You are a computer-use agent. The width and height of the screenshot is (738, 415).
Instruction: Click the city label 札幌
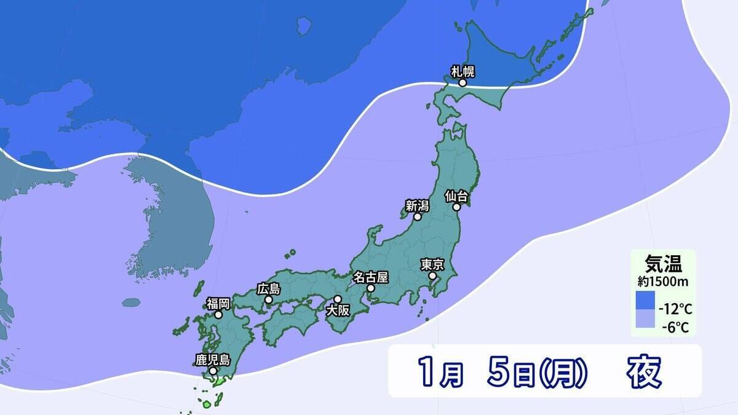pos(463,71)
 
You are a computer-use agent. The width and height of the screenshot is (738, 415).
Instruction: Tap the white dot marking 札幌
pos(462,82)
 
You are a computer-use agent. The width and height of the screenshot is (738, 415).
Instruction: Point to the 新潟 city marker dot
pos(418,216)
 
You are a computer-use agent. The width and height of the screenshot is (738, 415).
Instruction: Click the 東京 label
pos(432,264)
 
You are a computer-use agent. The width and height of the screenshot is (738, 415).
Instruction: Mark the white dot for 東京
pos(432,276)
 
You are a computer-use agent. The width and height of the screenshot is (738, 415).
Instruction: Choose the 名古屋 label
pos(371,277)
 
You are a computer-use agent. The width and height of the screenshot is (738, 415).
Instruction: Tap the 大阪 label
pos(338,310)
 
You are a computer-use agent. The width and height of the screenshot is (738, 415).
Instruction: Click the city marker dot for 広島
pos(268,299)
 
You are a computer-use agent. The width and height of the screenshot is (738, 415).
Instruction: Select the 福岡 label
pos(218,303)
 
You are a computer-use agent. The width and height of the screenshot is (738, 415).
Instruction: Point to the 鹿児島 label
pos(212,359)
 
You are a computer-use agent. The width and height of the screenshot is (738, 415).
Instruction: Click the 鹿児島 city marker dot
pos(212,371)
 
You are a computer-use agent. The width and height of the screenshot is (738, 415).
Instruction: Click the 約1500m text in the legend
pos(662,282)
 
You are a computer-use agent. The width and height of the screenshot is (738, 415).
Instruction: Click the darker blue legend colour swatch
pos(645,301)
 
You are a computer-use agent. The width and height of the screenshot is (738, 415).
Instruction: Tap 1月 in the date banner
pos(440,371)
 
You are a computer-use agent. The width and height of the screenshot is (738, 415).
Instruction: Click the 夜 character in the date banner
pos(644,371)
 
